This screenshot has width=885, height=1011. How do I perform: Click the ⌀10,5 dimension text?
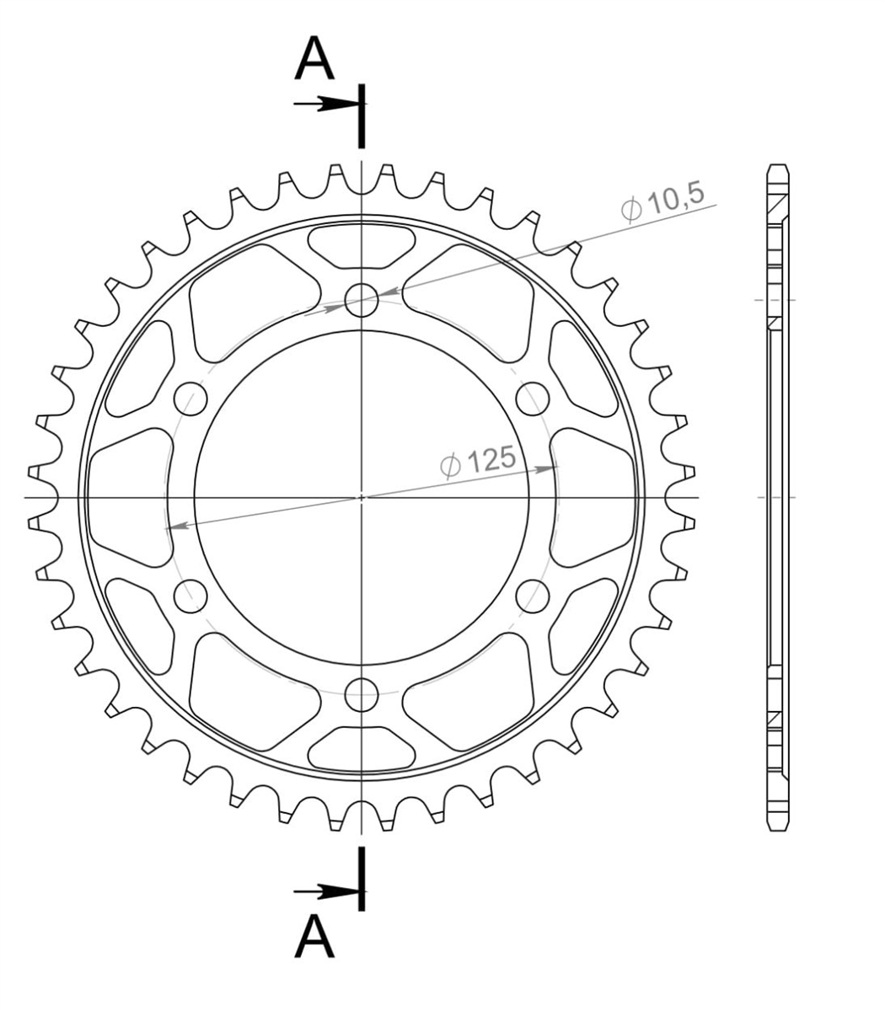coord(662,202)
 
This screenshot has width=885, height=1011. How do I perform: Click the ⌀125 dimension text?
coord(478,462)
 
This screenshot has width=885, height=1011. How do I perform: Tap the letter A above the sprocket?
coord(314,59)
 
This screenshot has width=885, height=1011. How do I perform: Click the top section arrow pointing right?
coord(326,104)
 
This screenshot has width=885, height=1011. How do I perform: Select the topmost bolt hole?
coord(362,300)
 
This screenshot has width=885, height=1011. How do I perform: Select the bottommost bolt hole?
coord(362,694)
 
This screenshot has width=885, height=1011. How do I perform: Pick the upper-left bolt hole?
coord(190,399)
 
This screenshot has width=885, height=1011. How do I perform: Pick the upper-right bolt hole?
coord(533,399)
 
